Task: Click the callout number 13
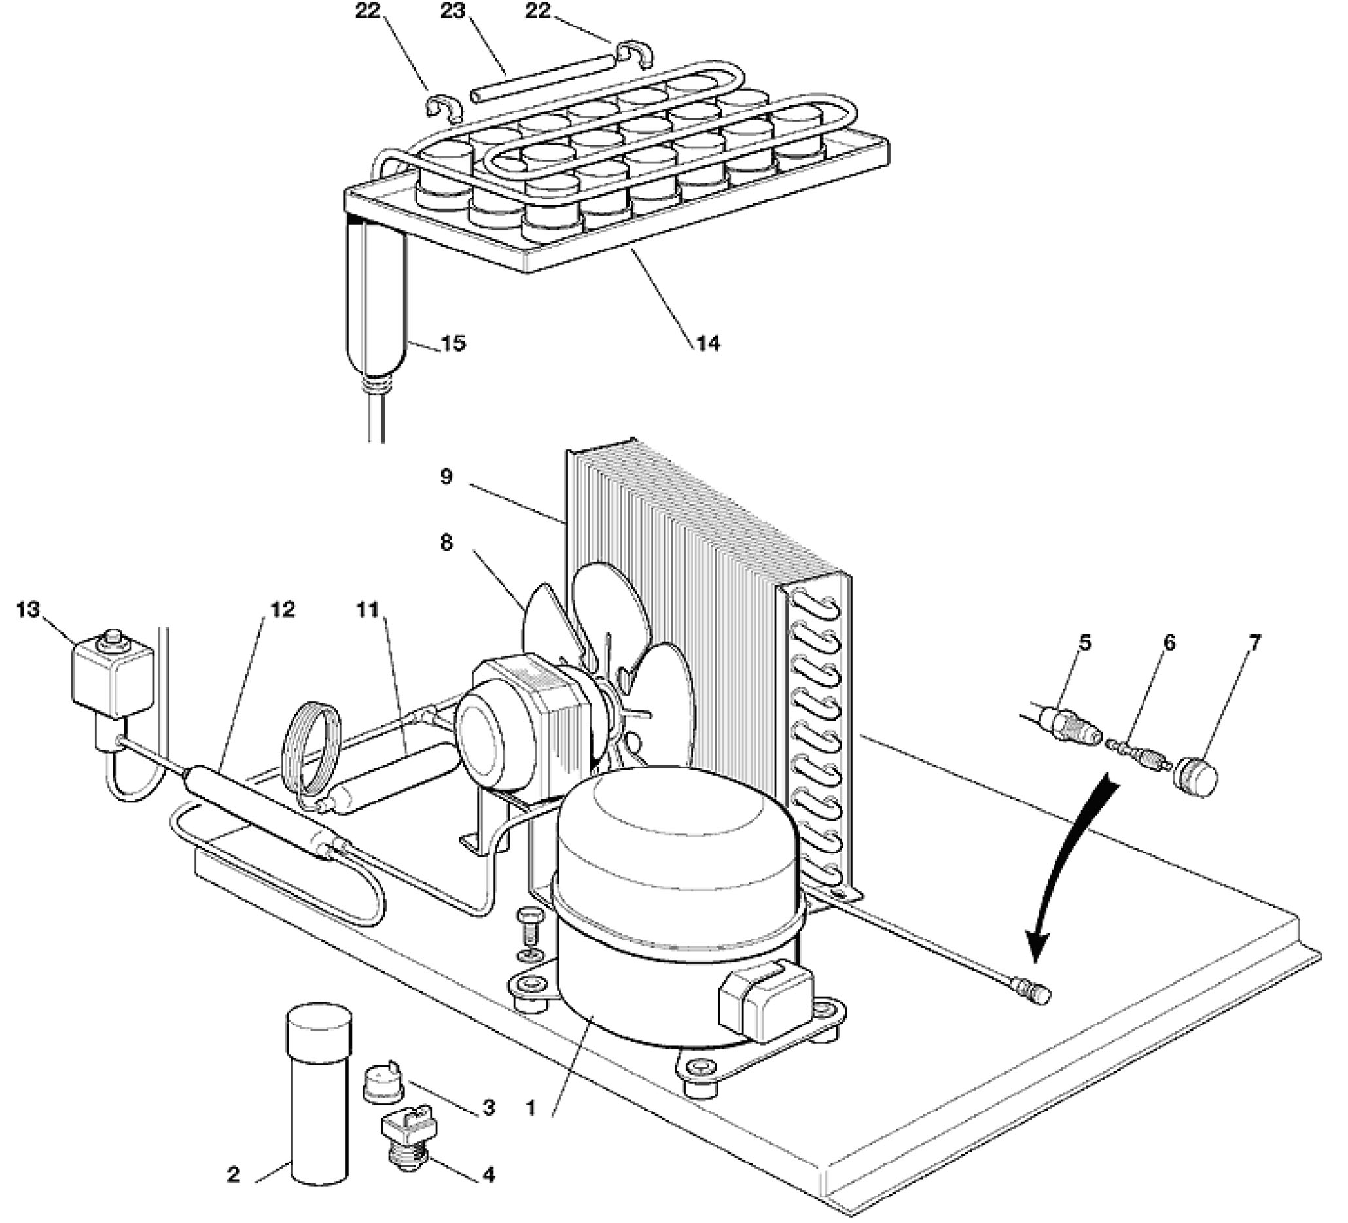point(29,610)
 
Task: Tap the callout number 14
point(708,343)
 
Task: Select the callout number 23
point(453,11)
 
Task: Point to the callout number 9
point(446,477)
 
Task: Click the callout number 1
point(531,1109)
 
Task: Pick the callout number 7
point(1255,643)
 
